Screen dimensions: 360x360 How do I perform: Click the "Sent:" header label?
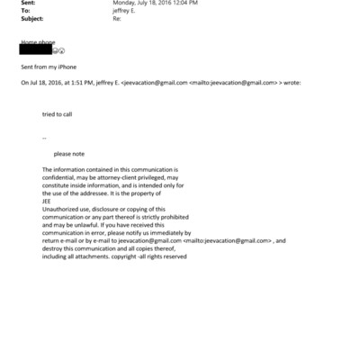(x=28, y=4)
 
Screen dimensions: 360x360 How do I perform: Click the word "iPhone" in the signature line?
(x=64, y=67)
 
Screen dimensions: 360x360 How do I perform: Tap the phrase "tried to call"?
(x=60, y=115)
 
